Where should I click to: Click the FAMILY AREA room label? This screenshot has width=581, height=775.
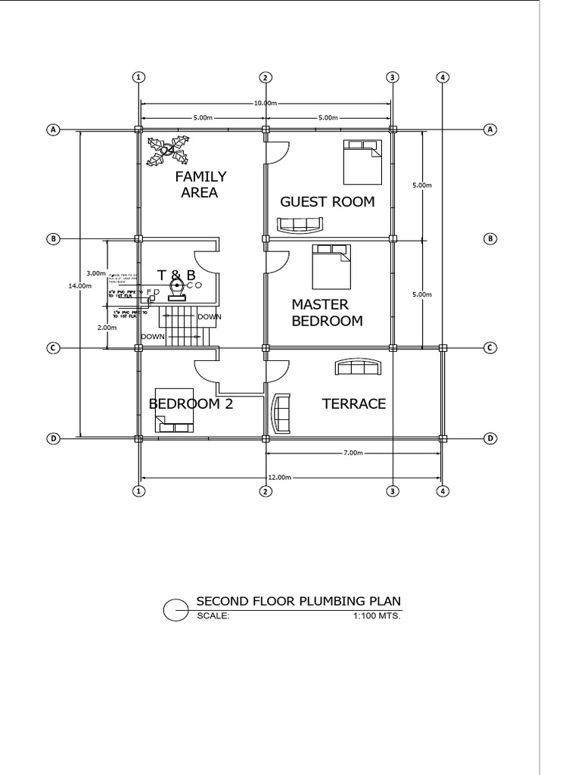200,185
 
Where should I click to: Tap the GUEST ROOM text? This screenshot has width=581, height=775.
327,201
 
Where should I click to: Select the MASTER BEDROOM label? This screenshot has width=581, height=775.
327,313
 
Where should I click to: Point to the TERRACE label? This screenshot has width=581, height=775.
354,404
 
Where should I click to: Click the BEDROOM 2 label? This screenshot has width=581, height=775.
191,404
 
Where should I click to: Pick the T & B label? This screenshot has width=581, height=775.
176,275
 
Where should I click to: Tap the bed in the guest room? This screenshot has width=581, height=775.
362,161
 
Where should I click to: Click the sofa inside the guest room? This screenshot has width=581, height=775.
300,225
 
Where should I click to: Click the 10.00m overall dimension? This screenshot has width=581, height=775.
265,103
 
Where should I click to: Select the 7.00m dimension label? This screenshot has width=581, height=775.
353,453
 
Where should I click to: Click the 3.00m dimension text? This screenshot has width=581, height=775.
96,272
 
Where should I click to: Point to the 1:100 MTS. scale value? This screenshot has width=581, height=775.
377,616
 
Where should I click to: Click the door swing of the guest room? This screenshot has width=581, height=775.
276,153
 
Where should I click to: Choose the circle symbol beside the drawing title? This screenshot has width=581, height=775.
176,608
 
